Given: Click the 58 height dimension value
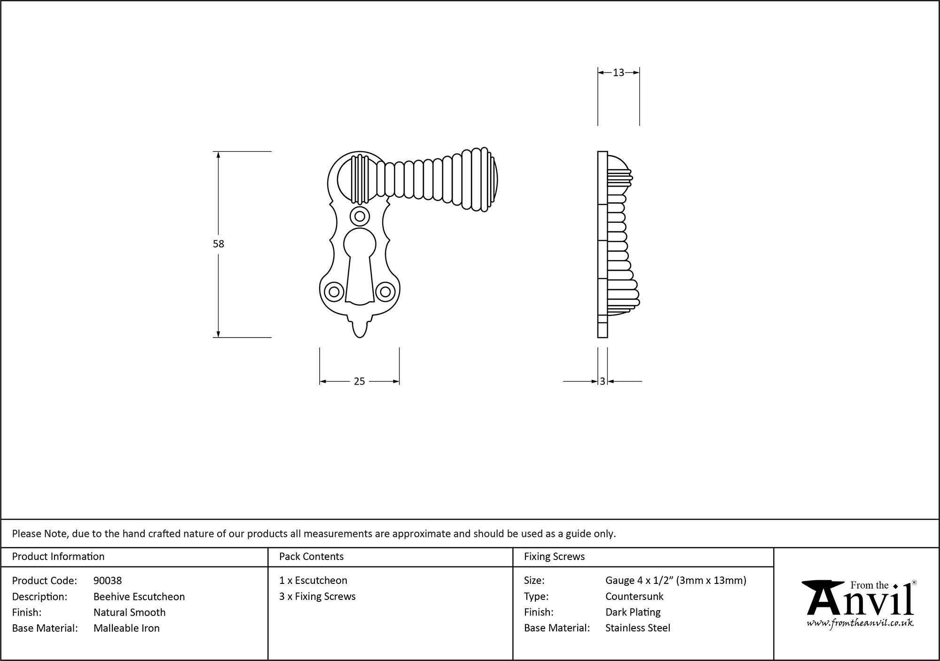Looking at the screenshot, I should [219, 244].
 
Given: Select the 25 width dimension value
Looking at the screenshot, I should [359, 382].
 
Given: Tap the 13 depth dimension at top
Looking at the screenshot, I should [619, 72].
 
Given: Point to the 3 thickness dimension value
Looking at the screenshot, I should [603, 382].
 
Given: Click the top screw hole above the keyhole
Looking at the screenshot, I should [360, 216].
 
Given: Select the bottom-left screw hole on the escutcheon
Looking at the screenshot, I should [334, 292].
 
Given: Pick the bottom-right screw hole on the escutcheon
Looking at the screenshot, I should [385, 292].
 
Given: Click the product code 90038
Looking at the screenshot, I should [108, 581].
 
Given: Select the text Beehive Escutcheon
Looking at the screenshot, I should [139, 597].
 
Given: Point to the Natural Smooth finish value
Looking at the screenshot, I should [129, 613].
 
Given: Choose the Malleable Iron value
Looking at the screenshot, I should [126, 628].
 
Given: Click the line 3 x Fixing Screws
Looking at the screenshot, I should [317, 597].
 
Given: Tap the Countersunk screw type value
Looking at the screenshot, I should [634, 597].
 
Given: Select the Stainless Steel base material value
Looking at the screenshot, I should [638, 628].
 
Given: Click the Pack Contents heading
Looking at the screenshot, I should [311, 557].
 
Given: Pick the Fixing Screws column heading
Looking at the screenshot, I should [554, 557].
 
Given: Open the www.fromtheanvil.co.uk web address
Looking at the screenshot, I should [860, 623].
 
